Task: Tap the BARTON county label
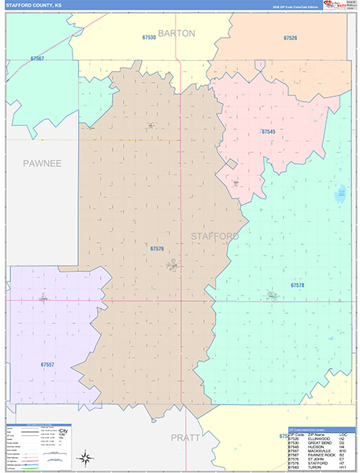pos(176,34)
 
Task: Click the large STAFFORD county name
pos(214,236)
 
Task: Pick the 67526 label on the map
pos(291,38)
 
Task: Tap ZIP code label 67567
pos(37,58)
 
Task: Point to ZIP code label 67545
pos(268,132)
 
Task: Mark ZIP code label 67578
pos(297,285)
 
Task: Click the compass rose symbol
pos(84,457)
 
